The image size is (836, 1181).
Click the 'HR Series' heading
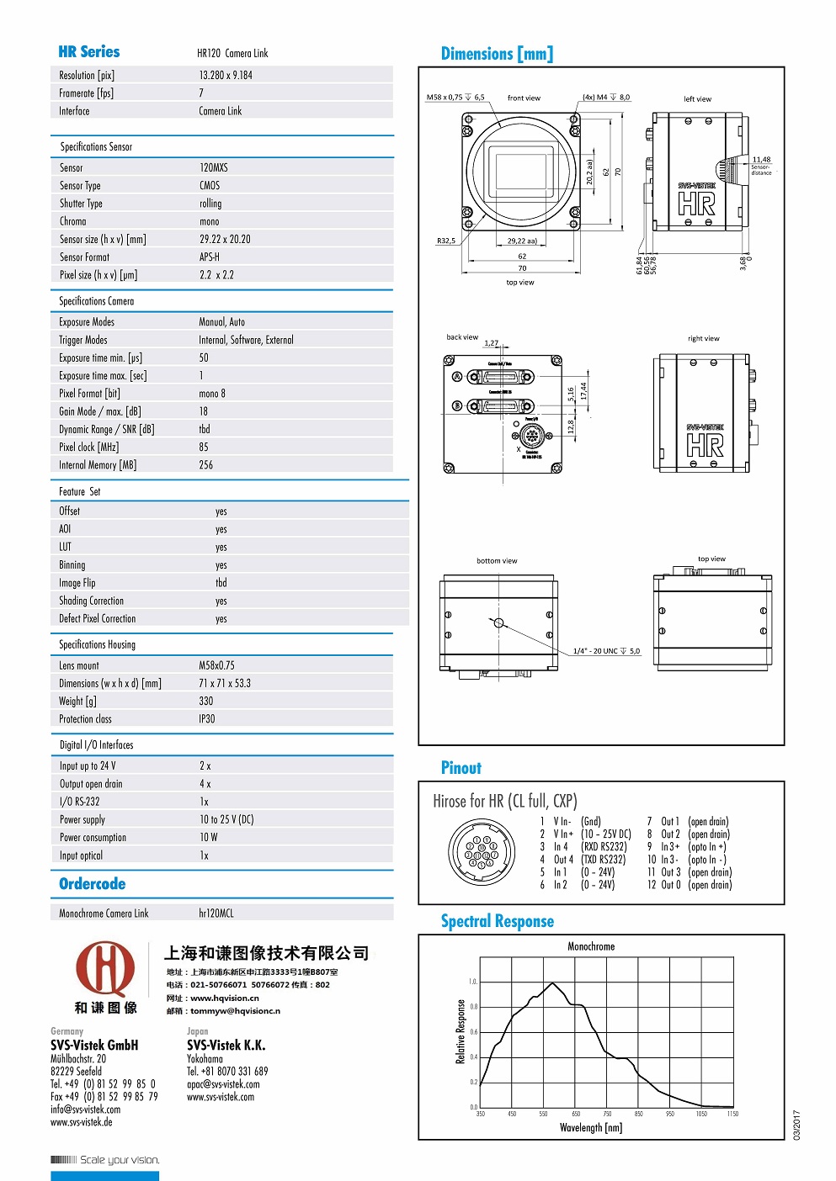pos(89,52)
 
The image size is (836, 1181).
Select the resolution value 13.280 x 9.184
pos(226,76)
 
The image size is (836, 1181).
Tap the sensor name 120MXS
pos(214,168)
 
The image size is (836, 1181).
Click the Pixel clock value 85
pos(204,448)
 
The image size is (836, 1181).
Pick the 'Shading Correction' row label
pos(91,601)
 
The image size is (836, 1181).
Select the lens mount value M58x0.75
pos(217,665)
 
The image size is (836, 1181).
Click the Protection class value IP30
pos(207,719)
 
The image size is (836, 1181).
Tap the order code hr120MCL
pos(216,914)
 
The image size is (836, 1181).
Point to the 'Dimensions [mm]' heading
pos(497,55)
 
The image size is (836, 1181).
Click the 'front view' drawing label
pos(524,98)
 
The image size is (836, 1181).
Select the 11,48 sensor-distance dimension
pos(761,160)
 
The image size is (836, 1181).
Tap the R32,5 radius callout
pos(445,241)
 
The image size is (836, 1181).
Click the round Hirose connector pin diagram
pos(480,852)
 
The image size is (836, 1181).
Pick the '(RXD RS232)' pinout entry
pos(604,847)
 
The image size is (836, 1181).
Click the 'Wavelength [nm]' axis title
pos(591,1128)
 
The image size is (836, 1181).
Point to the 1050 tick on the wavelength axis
pos(701,1114)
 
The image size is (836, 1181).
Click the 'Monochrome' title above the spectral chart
pos(591,947)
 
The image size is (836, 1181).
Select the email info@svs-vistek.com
pos(85,1110)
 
